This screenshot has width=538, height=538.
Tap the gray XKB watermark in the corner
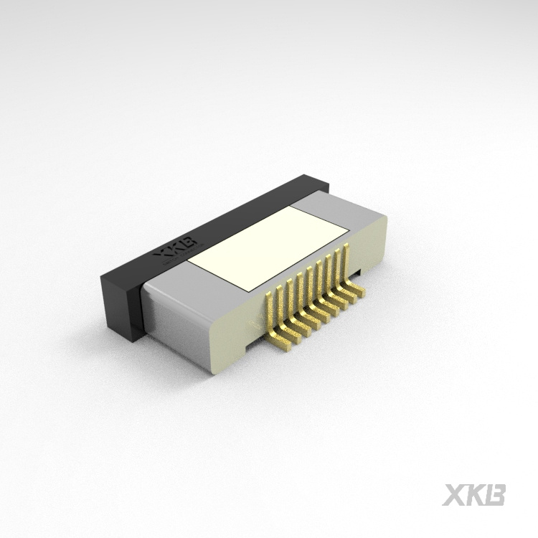pos(474,495)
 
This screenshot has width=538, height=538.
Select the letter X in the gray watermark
pos(454,495)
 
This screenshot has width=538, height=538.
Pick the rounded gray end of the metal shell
pos(172,316)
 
